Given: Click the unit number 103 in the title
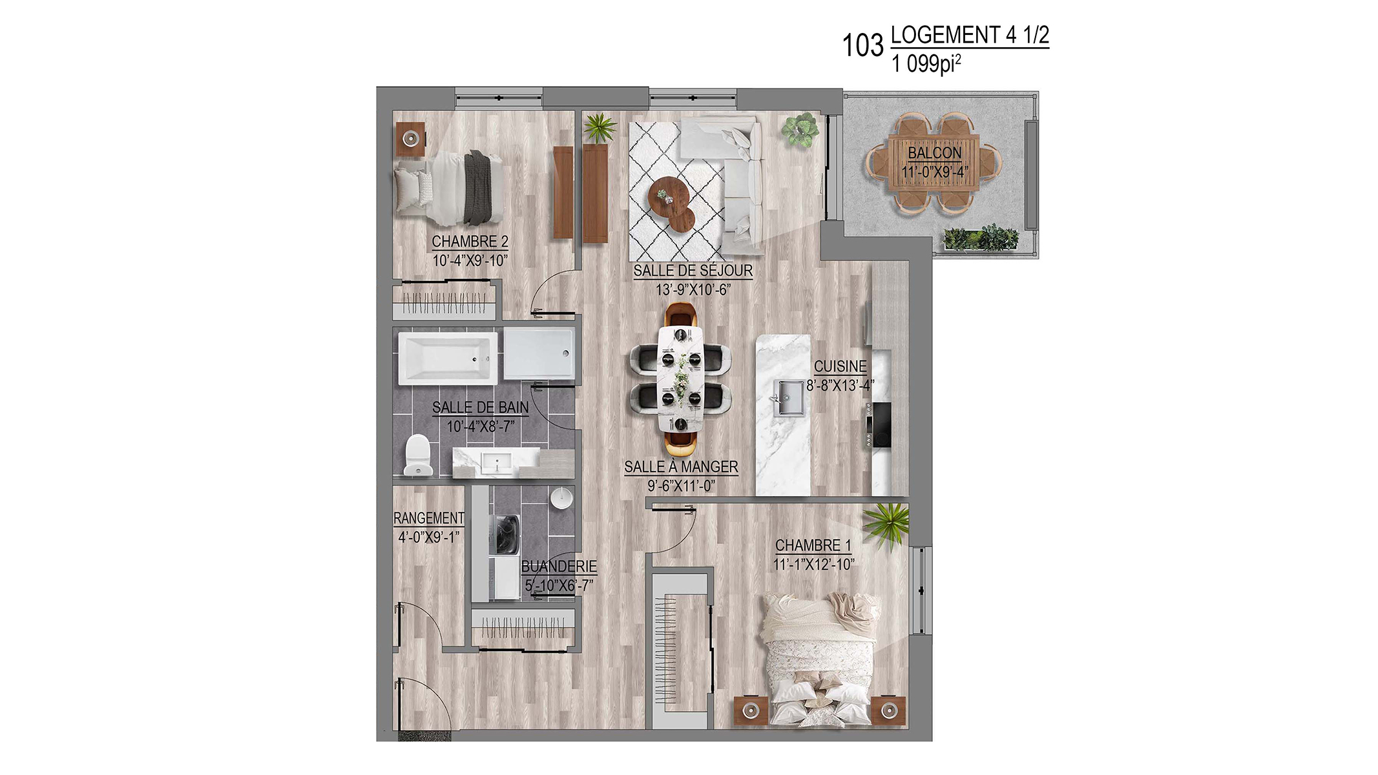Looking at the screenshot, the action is tap(862, 46).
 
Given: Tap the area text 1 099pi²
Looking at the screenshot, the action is tap(926, 64).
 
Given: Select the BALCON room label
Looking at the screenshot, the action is tap(935, 153).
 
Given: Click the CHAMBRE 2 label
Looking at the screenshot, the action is tap(470, 242).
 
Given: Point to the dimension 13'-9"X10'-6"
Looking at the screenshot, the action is tap(693, 290).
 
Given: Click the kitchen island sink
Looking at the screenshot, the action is tap(789, 398).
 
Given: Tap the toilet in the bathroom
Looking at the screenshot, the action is tap(417, 455).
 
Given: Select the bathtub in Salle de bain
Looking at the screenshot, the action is tap(447, 358).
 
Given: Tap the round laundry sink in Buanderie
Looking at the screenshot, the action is tap(561, 499).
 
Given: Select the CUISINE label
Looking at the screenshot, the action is tap(840, 366).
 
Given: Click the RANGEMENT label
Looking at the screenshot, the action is tap(429, 518).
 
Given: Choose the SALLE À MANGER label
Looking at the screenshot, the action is tap(681, 467).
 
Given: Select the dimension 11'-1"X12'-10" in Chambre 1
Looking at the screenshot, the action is tap(813, 564).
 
